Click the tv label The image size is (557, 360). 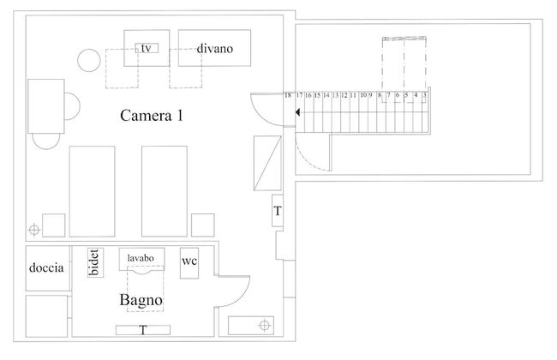pyautogui.click(x=147, y=48)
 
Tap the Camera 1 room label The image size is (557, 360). pyautogui.click(x=152, y=116)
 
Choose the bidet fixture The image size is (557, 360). pyautogui.click(x=93, y=263)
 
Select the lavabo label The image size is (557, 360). pyautogui.click(x=141, y=257)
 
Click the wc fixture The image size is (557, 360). pyautogui.click(x=189, y=262)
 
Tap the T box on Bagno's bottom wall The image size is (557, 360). pyautogui.click(x=143, y=330)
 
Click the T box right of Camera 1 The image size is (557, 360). pyautogui.click(x=278, y=212)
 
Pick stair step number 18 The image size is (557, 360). pyautogui.click(x=288, y=95)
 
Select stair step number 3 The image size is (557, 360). pyautogui.click(x=424, y=95)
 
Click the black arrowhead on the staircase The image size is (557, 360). pyautogui.click(x=296, y=112)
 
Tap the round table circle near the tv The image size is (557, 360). pyautogui.click(x=88, y=59)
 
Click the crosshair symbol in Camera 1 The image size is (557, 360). pyautogui.click(x=33, y=229)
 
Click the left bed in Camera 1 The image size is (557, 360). pyautogui.click(x=91, y=190)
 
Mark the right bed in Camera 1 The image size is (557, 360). pyautogui.click(x=165, y=190)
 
